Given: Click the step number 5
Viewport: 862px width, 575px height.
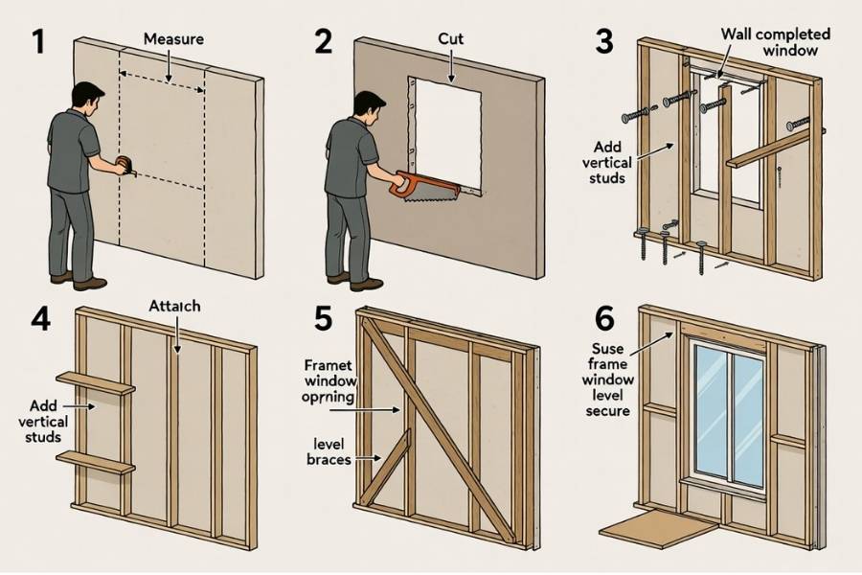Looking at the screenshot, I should point(323,317).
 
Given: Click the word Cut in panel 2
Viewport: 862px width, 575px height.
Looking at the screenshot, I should point(450,39).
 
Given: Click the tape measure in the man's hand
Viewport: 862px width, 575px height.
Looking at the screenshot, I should point(123,166).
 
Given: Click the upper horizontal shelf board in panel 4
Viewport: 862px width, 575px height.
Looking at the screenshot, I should point(96,383).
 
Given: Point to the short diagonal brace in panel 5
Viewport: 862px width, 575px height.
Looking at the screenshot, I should point(387,464).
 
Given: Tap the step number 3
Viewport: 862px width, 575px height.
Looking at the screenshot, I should point(604,42).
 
